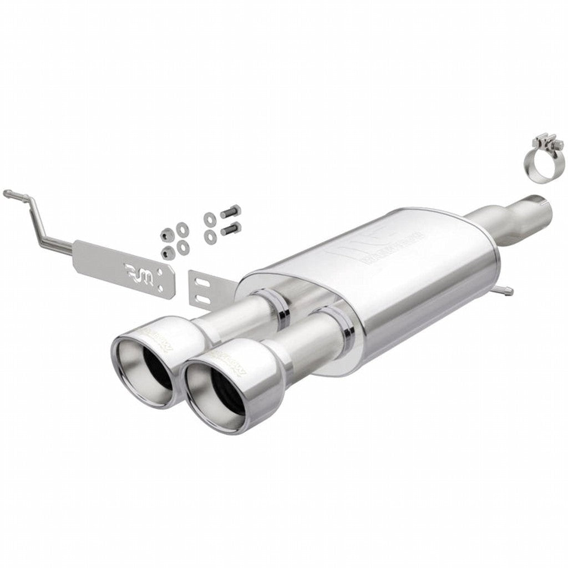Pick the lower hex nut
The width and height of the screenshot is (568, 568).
pos(168,253)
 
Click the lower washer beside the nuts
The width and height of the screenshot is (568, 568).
pos(182,247)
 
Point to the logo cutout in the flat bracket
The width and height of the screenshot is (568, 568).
pos(133,271)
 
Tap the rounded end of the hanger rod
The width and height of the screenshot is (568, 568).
pos(7,193)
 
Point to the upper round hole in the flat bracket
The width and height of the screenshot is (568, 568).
pos(160,272)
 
